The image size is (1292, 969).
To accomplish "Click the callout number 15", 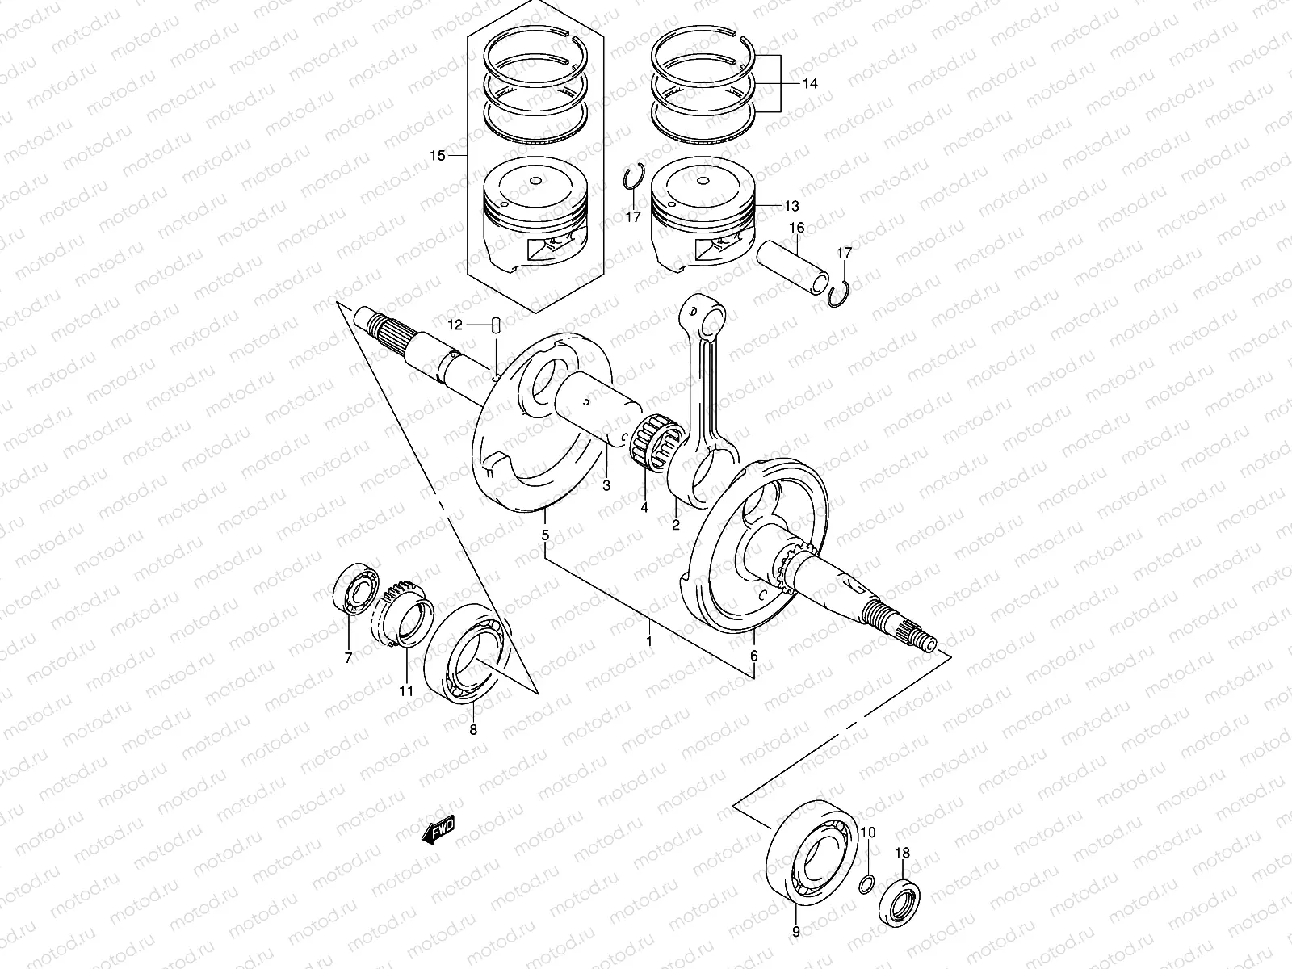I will pos(437,156).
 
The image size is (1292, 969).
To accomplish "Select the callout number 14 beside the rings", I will pos(810,83).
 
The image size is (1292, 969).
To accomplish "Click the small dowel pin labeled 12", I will pos(497,325).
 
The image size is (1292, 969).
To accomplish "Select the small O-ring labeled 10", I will pos(866,885).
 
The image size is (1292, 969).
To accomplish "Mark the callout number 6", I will pos(754,656).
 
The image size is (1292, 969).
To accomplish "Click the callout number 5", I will pos(545,535).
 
